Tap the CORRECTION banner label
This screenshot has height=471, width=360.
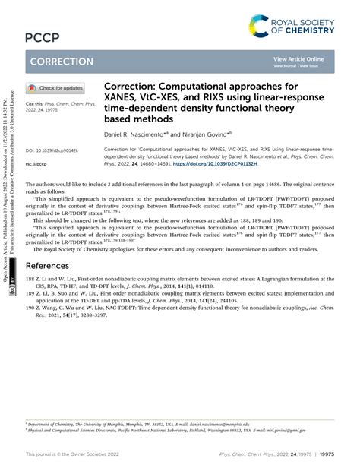tap(60, 61)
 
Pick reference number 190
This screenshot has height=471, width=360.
tap(31, 311)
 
